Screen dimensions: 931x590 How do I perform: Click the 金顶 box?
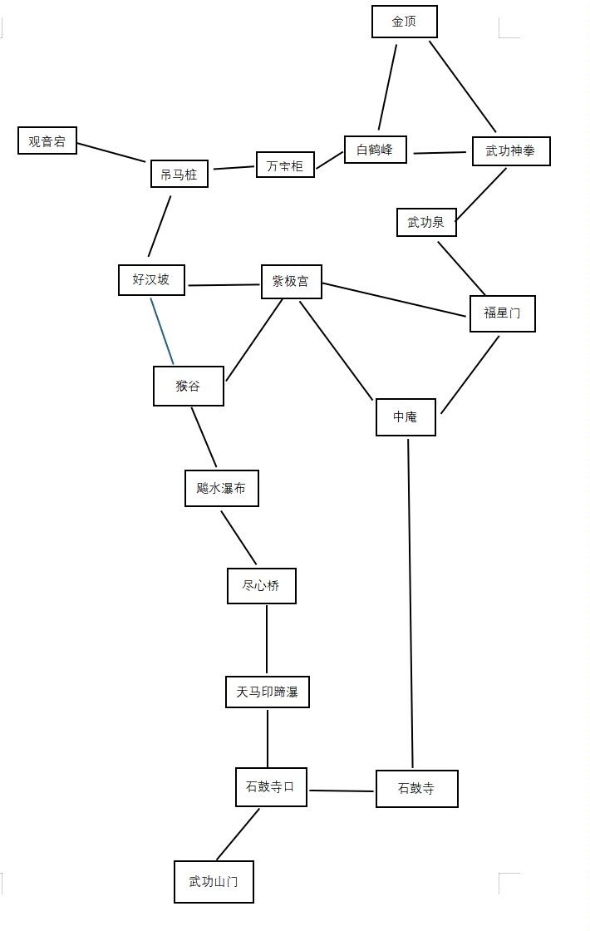[x=404, y=22]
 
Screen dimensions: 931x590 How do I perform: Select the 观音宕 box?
[x=47, y=140]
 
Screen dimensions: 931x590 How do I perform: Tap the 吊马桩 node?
[x=179, y=174]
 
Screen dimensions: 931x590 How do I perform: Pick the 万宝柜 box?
[x=285, y=165]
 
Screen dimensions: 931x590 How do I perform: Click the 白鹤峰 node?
[x=376, y=150]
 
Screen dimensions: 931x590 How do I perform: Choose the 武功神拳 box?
[x=511, y=151]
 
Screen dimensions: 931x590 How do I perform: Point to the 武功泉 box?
[x=426, y=222]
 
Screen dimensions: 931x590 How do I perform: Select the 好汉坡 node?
[x=151, y=279]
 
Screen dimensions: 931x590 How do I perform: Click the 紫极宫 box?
[x=291, y=282]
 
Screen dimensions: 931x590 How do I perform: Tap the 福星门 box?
[x=502, y=313]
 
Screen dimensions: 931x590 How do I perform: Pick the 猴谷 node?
[x=188, y=386]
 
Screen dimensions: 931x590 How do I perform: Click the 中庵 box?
[x=405, y=416]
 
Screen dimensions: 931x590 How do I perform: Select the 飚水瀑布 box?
[x=221, y=488]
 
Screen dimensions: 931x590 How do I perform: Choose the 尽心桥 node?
[x=261, y=585]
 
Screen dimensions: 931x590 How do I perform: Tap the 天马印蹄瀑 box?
[x=267, y=692]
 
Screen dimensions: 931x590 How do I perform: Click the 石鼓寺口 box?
[x=271, y=786]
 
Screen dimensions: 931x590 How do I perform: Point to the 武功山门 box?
[x=214, y=881]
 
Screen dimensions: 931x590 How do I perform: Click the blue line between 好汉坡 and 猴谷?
[x=162, y=331]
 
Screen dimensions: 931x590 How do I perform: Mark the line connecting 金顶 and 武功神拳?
[x=463, y=86]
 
